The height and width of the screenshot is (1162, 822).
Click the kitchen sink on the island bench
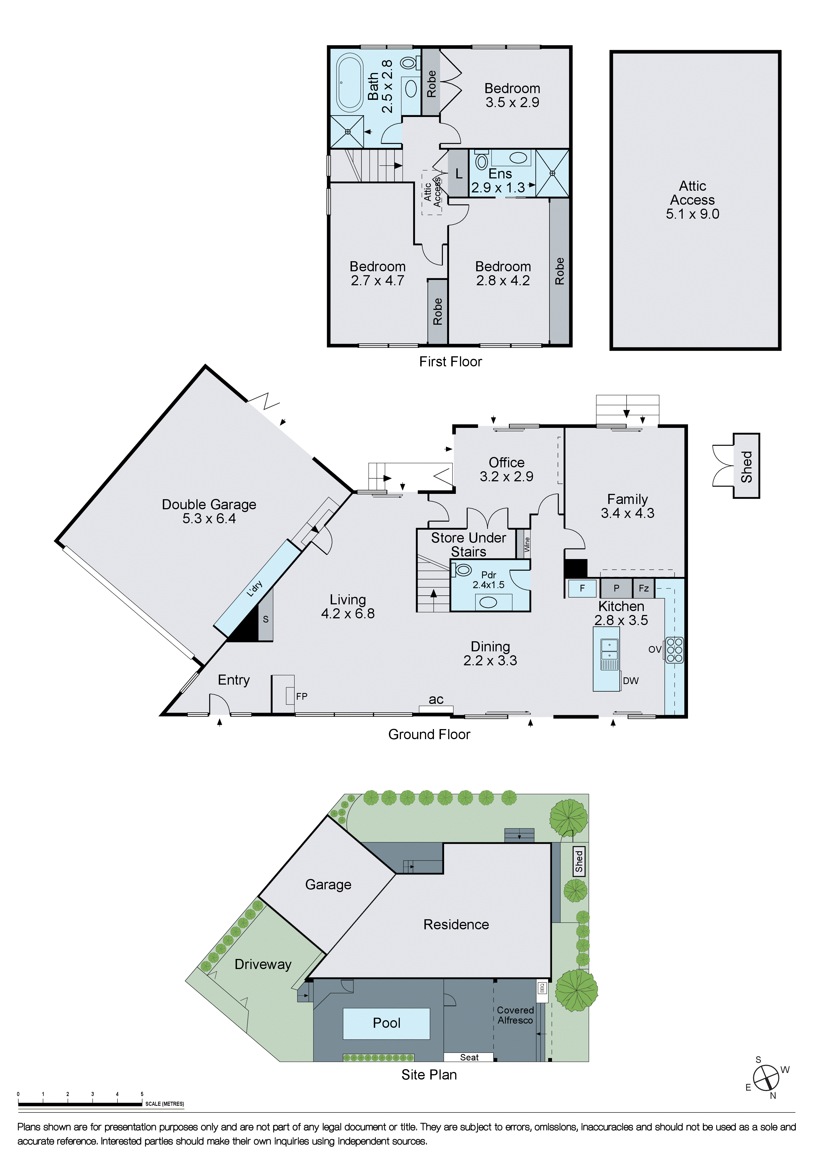pyautogui.click(x=609, y=652)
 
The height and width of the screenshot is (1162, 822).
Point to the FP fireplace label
pyautogui.click(x=302, y=696)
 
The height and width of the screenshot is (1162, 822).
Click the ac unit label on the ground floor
pyautogui.click(x=436, y=700)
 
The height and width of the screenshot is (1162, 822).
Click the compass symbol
pyautogui.click(x=766, y=1078)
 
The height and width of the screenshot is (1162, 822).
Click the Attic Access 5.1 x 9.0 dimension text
pyautogui.click(x=692, y=214)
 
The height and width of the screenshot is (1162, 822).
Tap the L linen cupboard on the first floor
pyautogui.click(x=459, y=174)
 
